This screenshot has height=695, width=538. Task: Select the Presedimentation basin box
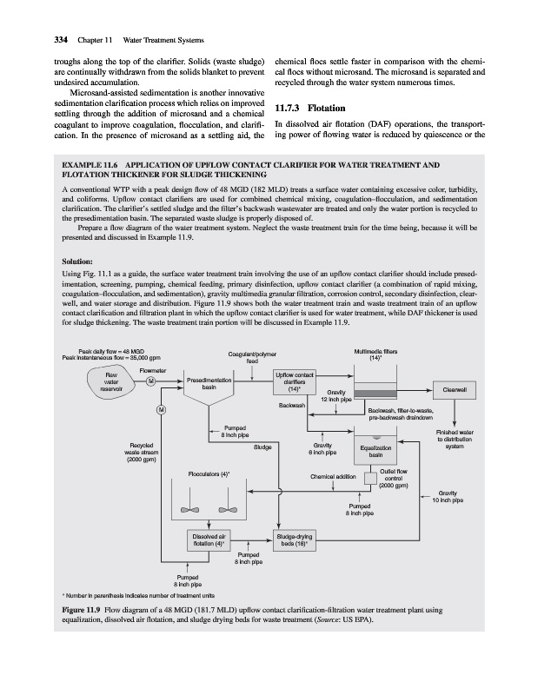(x=209, y=385)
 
